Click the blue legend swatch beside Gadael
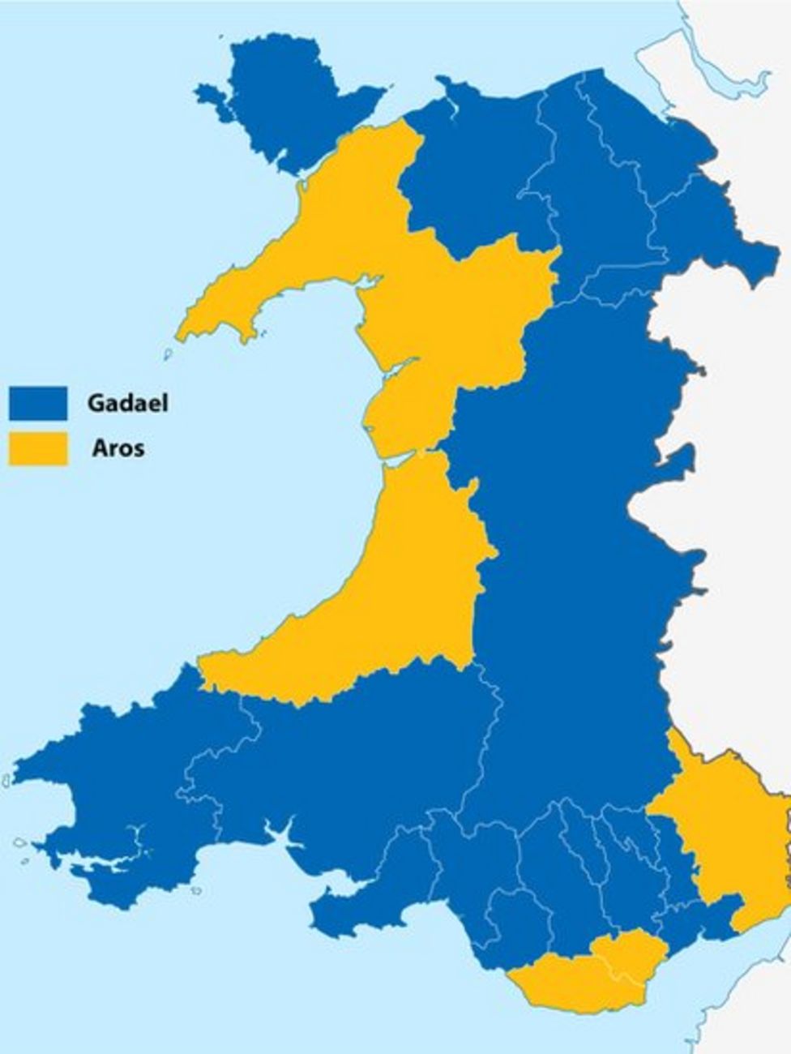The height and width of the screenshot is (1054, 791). click(x=37, y=403)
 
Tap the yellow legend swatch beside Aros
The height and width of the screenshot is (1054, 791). click(x=37, y=449)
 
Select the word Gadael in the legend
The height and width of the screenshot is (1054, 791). click(x=128, y=403)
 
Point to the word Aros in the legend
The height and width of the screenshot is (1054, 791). click(x=118, y=448)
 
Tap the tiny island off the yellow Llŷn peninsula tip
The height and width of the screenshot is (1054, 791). click(x=169, y=354)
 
